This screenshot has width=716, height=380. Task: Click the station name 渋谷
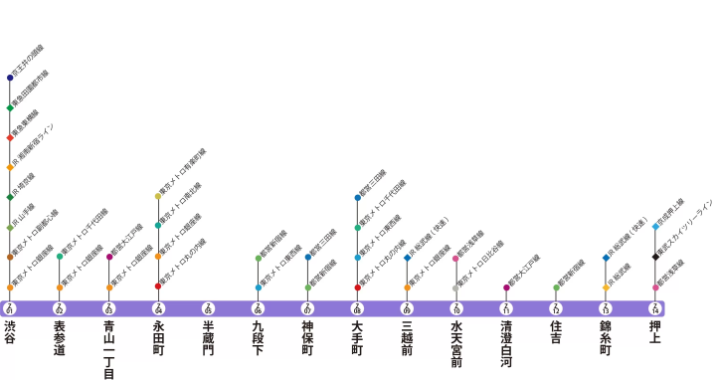pos(10,332)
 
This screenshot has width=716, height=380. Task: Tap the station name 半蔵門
pos(208,339)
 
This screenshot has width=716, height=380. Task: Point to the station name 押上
pos(655,332)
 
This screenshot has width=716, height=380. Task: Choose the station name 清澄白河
pos(506,344)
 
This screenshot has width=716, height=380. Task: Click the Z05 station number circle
pos(208,307)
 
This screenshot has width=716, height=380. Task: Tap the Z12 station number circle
pos(556,307)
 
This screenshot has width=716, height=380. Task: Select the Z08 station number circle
pos(357,307)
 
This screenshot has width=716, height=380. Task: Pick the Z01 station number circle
pos(10,307)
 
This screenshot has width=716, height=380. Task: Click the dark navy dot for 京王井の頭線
pos(10,78)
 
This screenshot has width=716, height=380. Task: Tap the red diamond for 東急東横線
pos(10,137)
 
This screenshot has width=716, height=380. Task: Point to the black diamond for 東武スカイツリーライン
pos(655,257)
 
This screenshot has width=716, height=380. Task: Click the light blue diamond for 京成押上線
pos(655,227)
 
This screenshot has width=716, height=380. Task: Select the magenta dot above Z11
pos(506,287)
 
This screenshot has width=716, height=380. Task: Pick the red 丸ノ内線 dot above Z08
pos(357,287)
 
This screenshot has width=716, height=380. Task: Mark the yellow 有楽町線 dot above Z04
pos(158,196)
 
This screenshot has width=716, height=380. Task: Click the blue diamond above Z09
pos(407,258)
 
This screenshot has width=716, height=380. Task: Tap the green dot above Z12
pos(556,287)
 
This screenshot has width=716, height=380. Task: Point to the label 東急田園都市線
pos(30,88)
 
